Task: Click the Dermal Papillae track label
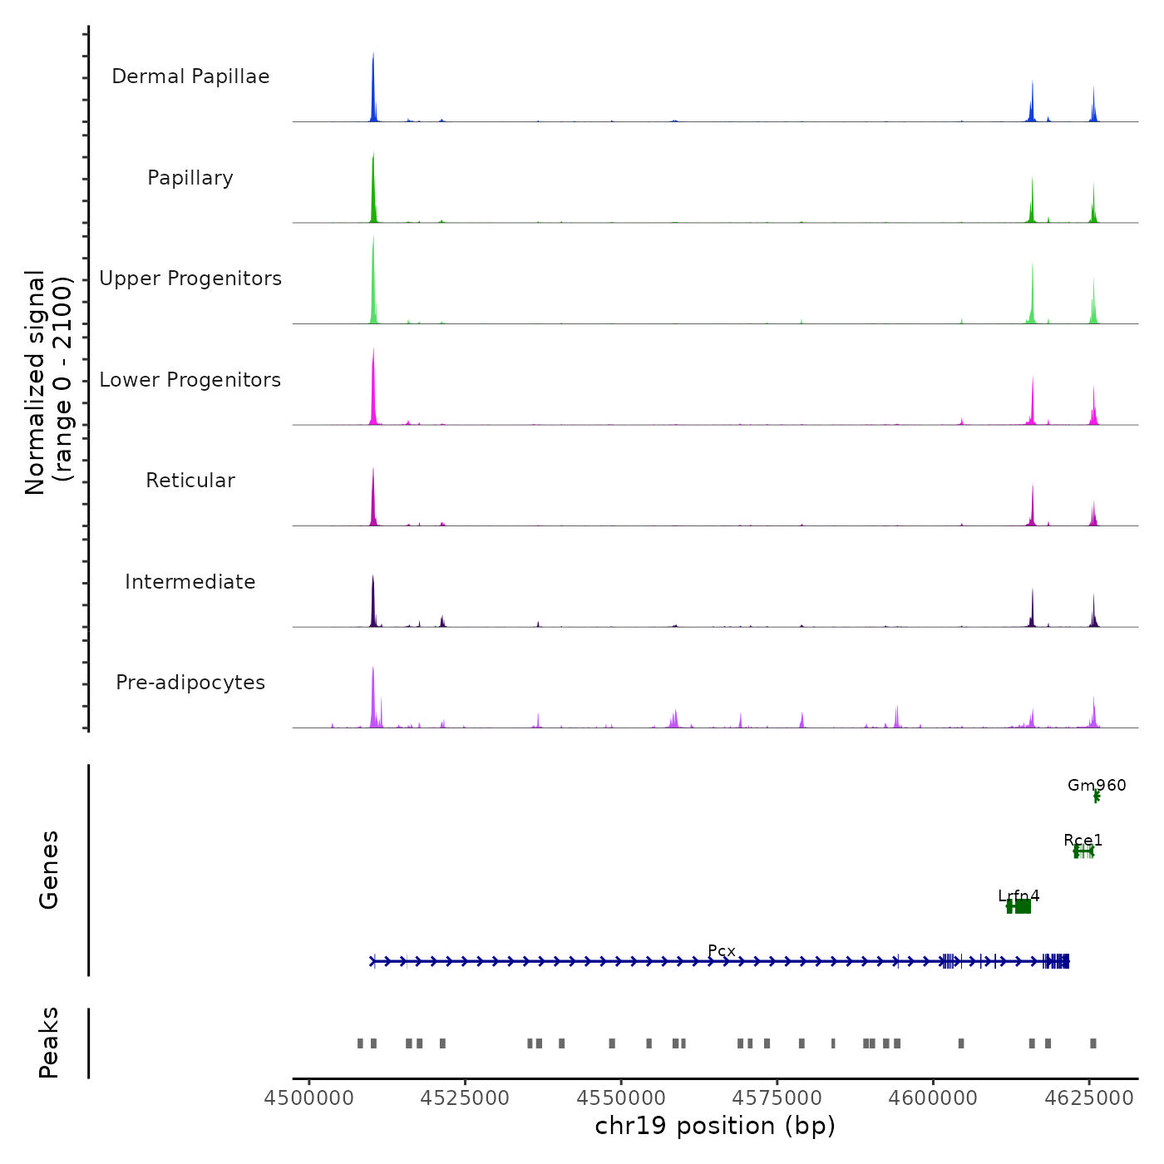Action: pyautogui.click(x=190, y=76)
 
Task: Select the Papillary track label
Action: pyautogui.click(x=190, y=178)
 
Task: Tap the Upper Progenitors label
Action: pyautogui.click(x=190, y=279)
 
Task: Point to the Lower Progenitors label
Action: pyautogui.click(x=190, y=380)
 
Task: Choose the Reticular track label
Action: pyautogui.click(x=190, y=481)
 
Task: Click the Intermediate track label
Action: pyautogui.click(x=190, y=582)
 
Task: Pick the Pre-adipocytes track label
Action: pyautogui.click(x=190, y=683)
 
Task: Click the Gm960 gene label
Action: pyautogui.click(x=1097, y=786)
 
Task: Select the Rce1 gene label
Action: pyautogui.click(x=1083, y=841)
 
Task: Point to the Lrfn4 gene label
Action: pyautogui.click(x=1018, y=896)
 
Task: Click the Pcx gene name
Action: pyautogui.click(x=722, y=951)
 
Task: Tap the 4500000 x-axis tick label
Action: pyautogui.click(x=309, y=1098)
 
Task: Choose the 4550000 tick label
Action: pyautogui.click(x=621, y=1098)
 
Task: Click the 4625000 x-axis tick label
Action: pyautogui.click(x=1090, y=1098)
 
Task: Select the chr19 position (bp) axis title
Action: pyautogui.click(x=715, y=1126)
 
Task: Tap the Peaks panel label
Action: pyautogui.click(x=49, y=1043)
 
